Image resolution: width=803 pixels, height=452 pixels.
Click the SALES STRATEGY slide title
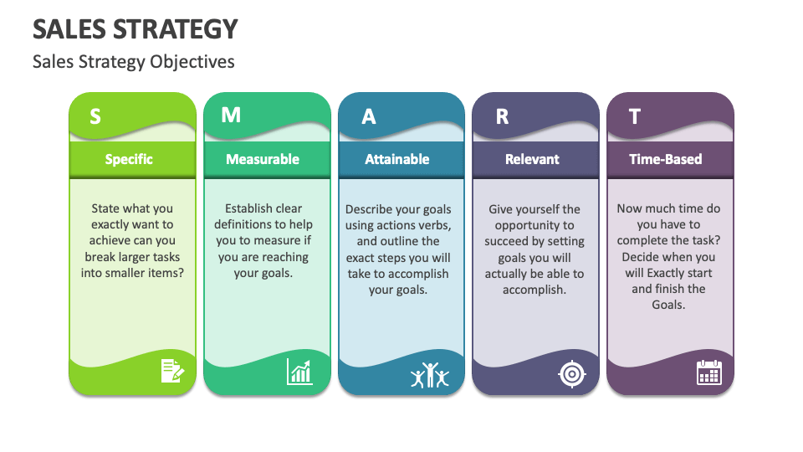coord(136,29)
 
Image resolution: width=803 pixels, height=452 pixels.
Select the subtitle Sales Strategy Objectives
coord(133,62)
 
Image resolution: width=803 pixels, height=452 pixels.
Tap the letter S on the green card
coord(95,116)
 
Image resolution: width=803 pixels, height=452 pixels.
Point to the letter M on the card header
coord(231,115)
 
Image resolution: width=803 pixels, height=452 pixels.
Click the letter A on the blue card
coord(368,117)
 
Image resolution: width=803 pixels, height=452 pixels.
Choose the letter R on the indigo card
coord(502,117)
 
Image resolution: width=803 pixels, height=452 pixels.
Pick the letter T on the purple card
coord(635,117)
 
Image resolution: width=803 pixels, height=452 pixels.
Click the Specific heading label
coord(129,159)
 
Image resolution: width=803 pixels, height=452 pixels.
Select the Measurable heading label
coord(263,159)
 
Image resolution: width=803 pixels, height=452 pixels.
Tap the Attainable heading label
coord(397,159)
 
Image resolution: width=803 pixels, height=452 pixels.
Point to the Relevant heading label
coord(532,159)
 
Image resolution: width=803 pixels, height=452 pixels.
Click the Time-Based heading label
coord(666,159)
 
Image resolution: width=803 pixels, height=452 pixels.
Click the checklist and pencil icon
coord(171,371)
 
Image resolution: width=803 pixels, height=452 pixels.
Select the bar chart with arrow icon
coord(299,371)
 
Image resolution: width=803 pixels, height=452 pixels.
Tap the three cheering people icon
coord(430,374)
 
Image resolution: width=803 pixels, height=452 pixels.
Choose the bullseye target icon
coord(572,373)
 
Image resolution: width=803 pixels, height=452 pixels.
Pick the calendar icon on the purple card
coord(708,372)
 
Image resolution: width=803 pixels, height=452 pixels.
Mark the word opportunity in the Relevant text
coord(534,225)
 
